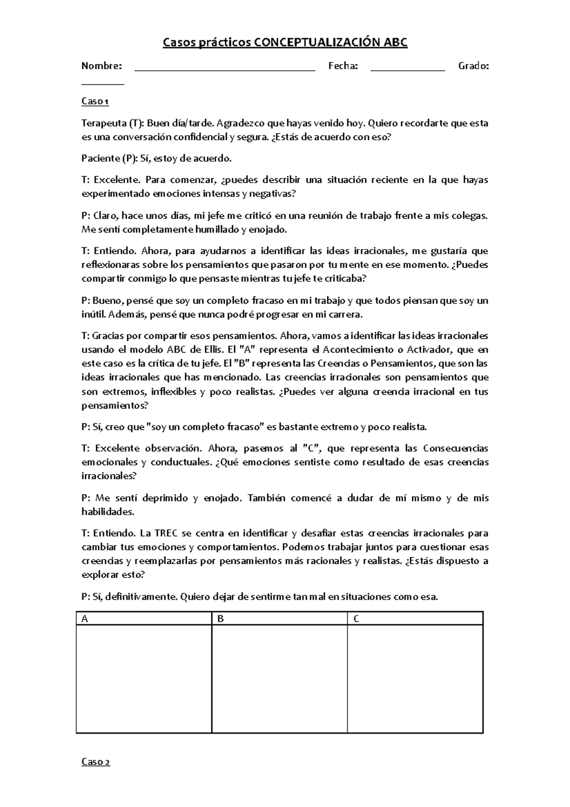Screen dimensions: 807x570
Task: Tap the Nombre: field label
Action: (x=102, y=66)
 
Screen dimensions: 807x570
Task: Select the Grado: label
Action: (x=473, y=66)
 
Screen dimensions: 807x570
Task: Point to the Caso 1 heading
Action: (x=95, y=101)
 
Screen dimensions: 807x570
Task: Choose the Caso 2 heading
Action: (x=96, y=762)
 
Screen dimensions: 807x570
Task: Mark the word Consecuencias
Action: (x=456, y=448)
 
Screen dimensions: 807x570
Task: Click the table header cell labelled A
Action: (x=143, y=619)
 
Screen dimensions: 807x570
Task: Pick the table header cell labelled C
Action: (x=415, y=619)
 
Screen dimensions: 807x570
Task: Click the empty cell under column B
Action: (x=279, y=679)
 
